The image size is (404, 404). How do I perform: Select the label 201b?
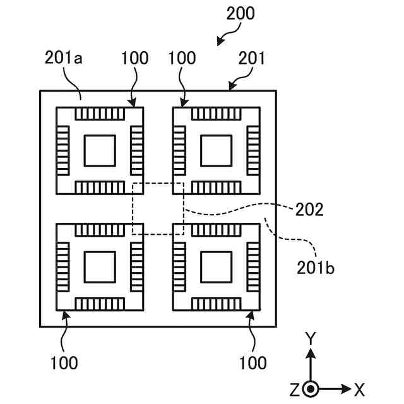pos(316,266)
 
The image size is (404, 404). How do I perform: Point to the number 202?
pos(309,210)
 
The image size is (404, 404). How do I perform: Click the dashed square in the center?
pos(158,209)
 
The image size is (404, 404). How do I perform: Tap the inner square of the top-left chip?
pos(100,150)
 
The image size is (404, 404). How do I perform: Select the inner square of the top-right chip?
pos(216,150)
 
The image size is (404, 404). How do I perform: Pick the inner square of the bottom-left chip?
pos(100,266)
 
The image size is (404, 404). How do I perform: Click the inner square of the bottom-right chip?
pos(216,266)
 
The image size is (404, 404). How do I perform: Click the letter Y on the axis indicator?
pos(310,339)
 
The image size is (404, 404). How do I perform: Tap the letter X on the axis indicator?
pos(359,389)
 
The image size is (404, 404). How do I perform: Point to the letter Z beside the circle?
pos(294,389)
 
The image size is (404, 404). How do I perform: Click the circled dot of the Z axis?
pos(310,389)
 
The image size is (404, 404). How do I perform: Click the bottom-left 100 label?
pos(64,363)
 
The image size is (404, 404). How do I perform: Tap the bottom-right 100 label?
pos(252,363)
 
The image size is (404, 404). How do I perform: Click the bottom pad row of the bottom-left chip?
pos(100,304)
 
